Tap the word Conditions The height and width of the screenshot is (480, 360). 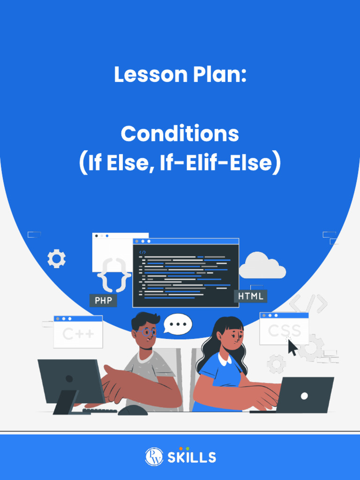pos(180,134)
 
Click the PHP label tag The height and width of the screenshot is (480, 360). pos(103,300)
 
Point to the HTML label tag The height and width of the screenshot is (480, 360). pos(250,296)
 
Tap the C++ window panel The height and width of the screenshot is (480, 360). pos(78,332)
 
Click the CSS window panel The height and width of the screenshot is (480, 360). pos(284,329)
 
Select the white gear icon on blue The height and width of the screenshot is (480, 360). pos(56,259)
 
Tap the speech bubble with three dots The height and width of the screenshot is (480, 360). pos(178,324)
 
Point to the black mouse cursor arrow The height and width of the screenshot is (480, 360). pos(292,347)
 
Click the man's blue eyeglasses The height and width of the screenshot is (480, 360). pos(147,332)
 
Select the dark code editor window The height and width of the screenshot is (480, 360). pos(186,273)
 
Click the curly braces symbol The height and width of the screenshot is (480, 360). pos(114,275)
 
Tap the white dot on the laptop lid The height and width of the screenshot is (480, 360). pos(304,396)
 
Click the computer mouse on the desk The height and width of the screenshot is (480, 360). pos(133,410)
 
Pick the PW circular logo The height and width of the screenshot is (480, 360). pos(154,457)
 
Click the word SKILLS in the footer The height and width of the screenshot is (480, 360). pos(192,457)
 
